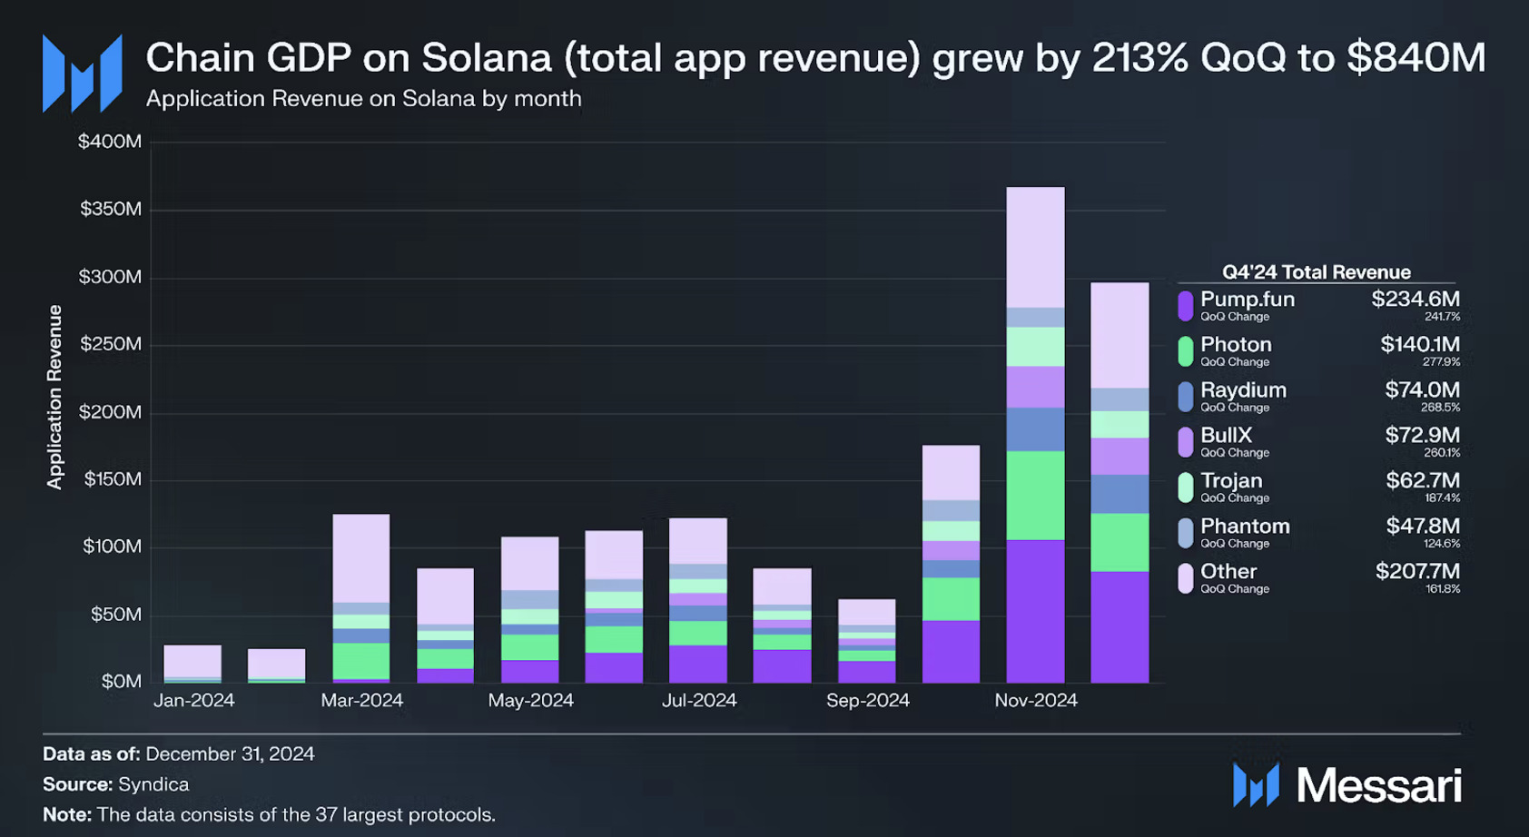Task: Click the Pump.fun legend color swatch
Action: [1185, 306]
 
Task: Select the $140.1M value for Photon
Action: [1419, 344]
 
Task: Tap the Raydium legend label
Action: [1242, 390]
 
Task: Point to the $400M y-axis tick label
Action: [109, 142]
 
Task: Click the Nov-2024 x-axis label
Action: [1035, 701]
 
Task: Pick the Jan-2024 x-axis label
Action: [193, 701]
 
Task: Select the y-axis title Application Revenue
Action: [55, 398]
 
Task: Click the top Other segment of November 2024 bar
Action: [1035, 247]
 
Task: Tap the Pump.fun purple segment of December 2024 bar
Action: [1119, 626]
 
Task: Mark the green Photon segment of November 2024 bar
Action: [1035, 496]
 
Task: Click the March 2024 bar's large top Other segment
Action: [360, 557]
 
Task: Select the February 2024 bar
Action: [276, 665]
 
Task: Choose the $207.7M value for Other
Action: [1416, 571]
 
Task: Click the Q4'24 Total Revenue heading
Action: [1316, 272]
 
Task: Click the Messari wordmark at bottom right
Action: [1378, 785]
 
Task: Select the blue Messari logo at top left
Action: [82, 74]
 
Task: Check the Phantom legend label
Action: [1244, 527]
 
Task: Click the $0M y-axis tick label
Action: [121, 682]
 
